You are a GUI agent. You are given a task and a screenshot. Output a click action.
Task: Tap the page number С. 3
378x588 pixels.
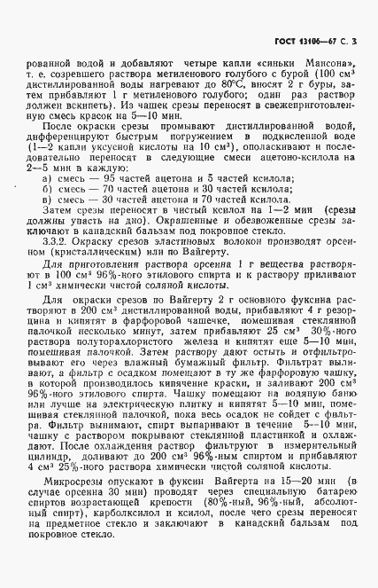(x=351, y=43)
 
